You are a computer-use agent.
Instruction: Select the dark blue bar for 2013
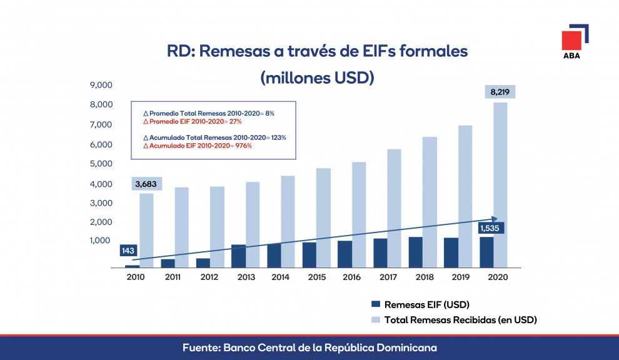(x=238, y=256)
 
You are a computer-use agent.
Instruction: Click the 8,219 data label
(x=500, y=92)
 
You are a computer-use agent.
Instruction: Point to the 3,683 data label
(x=147, y=184)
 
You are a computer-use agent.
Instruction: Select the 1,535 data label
(x=491, y=228)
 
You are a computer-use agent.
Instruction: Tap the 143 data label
(x=129, y=251)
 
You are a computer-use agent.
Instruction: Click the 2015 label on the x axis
(x=317, y=277)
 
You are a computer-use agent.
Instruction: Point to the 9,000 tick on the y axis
(x=101, y=85)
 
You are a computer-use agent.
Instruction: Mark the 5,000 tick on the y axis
(x=101, y=164)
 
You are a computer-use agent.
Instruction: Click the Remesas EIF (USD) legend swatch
(x=376, y=304)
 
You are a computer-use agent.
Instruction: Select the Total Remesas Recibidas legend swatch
(x=376, y=319)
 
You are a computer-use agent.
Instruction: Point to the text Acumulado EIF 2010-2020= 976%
(x=188, y=146)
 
